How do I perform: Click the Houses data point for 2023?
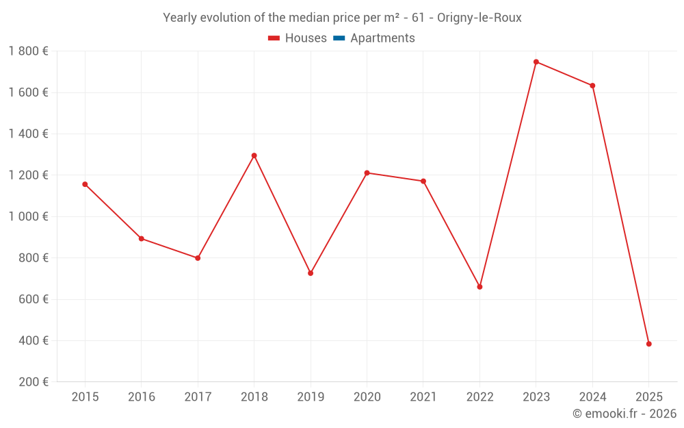pos(536,62)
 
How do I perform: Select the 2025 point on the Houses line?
pos(648,344)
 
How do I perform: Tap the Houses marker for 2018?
pos(254,155)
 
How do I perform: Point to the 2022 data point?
pos(479,287)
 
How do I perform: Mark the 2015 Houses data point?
pos(85,184)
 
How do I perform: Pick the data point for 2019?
pos(311,273)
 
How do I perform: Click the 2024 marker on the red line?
pos(592,86)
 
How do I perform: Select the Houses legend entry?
pos(298,38)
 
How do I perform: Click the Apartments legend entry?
pos(374,38)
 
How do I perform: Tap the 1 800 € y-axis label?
pos(28,51)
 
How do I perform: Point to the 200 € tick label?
pos(32,382)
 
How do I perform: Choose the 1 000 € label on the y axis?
pos(28,216)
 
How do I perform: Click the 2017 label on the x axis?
pos(198,397)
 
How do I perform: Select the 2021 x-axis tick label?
pos(423,397)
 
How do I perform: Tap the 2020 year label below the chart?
pos(367,397)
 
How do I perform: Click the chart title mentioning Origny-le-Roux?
pos(342,18)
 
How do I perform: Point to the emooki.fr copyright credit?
pos(624,414)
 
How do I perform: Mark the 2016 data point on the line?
pos(142,238)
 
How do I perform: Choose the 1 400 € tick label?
pos(28,134)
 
